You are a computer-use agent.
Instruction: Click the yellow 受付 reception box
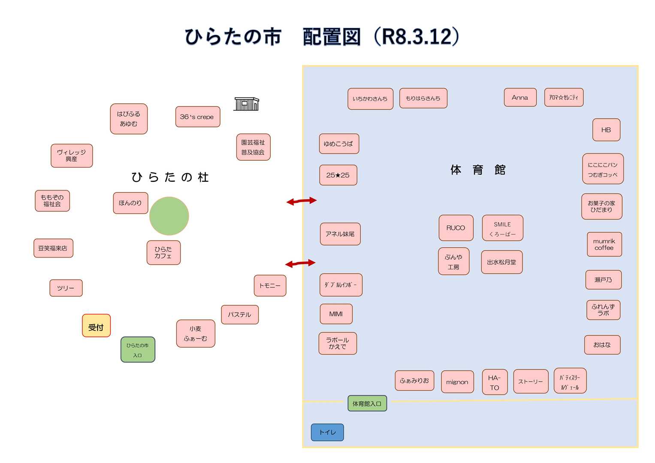(96, 326)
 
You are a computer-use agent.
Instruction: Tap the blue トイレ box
(327, 432)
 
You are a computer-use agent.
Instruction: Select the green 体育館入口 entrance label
(367, 403)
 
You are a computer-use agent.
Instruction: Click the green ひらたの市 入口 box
(138, 350)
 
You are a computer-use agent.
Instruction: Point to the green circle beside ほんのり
(169, 216)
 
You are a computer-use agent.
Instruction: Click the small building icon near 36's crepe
(247, 104)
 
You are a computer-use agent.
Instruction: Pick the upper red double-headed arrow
(302, 201)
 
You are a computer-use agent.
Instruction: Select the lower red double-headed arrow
(300, 263)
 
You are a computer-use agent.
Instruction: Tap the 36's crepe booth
(197, 117)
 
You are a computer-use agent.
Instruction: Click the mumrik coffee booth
(604, 244)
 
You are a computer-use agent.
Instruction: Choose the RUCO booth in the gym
(456, 228)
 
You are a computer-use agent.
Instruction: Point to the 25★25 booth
(338, 175)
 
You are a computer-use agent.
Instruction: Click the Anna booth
(520, 97)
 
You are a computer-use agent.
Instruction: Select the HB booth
(606, 129)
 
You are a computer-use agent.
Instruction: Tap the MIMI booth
(336, 314)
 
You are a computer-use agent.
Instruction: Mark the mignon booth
(457, 382)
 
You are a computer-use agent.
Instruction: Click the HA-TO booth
(495, 382)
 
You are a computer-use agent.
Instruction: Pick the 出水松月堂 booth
(501, 262)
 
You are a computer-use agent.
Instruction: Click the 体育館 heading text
(478, 170)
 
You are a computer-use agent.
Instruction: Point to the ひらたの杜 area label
(170, 177)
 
